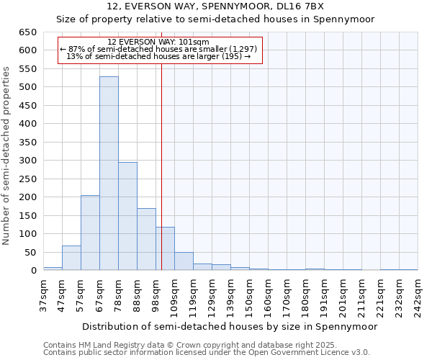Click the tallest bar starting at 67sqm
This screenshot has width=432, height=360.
[x=109, y=173]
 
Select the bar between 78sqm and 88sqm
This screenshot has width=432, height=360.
[x=127, y=216]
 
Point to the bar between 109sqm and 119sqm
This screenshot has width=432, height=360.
[x=184, y=261]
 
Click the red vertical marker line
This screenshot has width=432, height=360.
[x=162, y=166]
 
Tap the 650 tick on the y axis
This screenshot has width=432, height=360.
[x=27, y=32]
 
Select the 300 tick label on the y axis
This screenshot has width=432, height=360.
[x=27, y=161]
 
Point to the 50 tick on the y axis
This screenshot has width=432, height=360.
[x=30, y=252]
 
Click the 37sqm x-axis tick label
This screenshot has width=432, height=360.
[x=43, y=295]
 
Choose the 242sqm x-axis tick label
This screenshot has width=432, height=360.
[x=418, y=295]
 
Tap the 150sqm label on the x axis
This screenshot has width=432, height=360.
[x=249, y=295]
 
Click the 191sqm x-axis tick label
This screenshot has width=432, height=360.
[x=324, y=295]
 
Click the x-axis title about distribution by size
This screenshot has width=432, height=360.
[x=230, y=326]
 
